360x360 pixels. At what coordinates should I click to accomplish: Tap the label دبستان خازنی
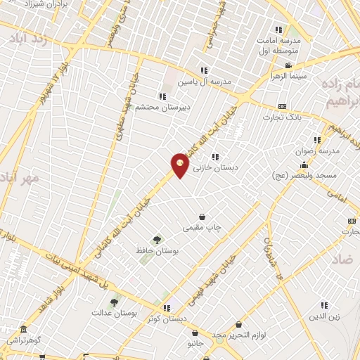coord(217,169)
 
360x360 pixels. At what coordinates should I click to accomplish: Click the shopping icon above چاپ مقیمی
coord(202,217)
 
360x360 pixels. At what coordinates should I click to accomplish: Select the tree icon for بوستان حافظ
coord(156,240)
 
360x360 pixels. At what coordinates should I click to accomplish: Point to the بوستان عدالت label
coord(120,314)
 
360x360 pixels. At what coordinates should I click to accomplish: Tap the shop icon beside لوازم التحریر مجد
coord(240,325)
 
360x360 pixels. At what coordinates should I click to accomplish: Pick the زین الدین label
coord(324,316)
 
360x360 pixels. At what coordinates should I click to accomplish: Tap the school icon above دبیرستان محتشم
coord(162,96)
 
